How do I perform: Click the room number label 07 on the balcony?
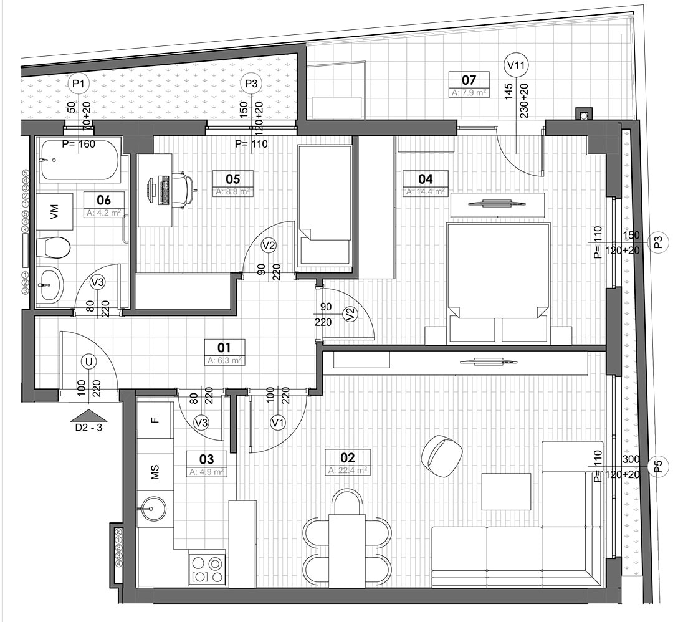[x=469, y=80]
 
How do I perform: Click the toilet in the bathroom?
[x=53, y=247]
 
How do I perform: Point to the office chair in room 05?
[x=183, y=190]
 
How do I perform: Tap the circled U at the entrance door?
[x=90, y=361]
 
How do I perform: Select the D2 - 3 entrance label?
[x=89, y=428]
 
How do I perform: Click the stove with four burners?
[x=207, y=569]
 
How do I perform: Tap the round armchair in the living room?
[x=441, y=456]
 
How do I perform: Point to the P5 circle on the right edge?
[x=659, y=466]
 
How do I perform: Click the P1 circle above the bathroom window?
[x=78, y=83]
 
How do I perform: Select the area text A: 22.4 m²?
[x=348, y=471]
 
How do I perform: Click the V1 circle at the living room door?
[x=277, y=423]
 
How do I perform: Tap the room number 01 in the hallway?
[x=224, y=347]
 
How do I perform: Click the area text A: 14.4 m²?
[x=426, y=192]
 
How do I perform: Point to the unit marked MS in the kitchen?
[x=155, y=473]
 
